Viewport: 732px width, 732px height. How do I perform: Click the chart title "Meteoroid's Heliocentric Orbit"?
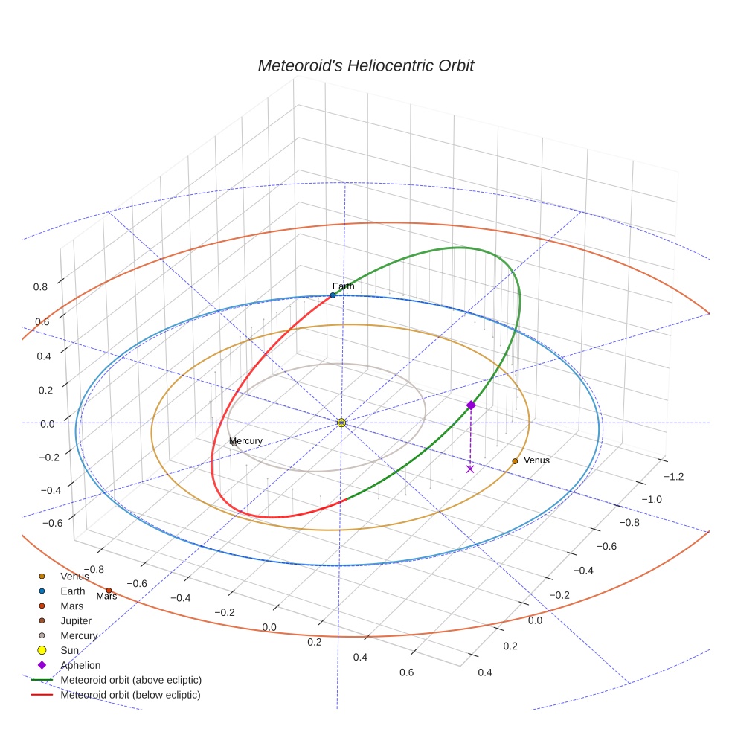pos(365,66)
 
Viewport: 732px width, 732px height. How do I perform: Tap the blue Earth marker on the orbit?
pos(333,295)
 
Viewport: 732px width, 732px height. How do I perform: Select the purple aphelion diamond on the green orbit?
pos(470,405)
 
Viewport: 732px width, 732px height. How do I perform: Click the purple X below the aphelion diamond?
pos(469,469)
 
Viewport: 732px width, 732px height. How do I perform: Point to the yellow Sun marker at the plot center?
pos(341,423)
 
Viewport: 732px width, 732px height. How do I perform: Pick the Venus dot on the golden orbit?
pos(515,461)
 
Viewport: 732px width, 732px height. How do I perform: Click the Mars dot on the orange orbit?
pos(109,590)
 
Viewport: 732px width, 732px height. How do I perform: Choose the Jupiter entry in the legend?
pos(76,620)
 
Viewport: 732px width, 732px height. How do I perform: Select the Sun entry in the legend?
pos(69,650)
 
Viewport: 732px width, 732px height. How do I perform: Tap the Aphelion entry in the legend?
pos(80,665)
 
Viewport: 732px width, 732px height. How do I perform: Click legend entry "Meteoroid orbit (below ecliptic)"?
pos(130,695)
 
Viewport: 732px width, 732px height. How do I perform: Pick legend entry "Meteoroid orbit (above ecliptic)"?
pos(131,680)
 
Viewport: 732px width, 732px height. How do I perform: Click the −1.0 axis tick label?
pos(652,499)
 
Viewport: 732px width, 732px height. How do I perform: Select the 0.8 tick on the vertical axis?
pos(42,286)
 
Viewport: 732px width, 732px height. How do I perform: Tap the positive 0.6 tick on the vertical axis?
pos(42,321)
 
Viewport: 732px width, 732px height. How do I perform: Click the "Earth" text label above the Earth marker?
pos(343,286)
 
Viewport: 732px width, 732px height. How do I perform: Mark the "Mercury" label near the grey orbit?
pos(246,441)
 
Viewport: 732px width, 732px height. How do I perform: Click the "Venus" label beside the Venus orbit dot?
pos(536,460)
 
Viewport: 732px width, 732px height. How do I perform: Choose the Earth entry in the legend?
pos(72,591)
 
